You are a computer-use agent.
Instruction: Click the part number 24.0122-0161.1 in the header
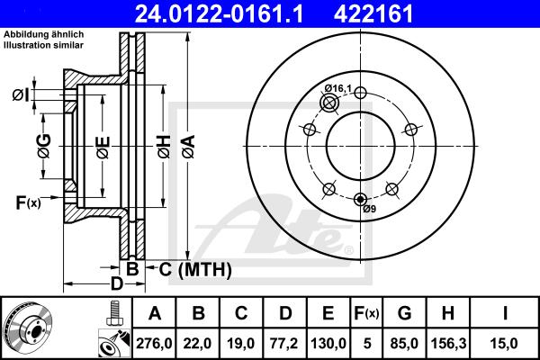219,13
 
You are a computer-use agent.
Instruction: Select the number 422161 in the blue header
373,13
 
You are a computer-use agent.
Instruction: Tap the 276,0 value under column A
154,344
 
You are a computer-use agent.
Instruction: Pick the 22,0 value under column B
197,344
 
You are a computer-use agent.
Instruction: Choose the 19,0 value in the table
241,344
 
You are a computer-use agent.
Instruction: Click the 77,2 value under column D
284,344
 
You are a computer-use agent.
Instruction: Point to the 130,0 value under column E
328,344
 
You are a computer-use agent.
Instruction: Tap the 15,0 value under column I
505,344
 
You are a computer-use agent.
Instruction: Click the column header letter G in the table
405,313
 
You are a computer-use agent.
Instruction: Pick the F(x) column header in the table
366,313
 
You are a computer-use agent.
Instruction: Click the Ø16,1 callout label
338,88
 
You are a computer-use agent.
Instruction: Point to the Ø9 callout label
370,209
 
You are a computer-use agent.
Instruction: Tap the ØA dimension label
189,147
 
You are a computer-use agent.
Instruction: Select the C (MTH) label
195,269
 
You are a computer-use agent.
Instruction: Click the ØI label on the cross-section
21,95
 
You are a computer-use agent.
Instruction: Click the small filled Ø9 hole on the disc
360,199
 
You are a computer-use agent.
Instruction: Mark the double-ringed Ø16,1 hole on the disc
329,103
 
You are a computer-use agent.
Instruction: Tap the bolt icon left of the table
114,313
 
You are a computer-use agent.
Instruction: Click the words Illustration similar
44,45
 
